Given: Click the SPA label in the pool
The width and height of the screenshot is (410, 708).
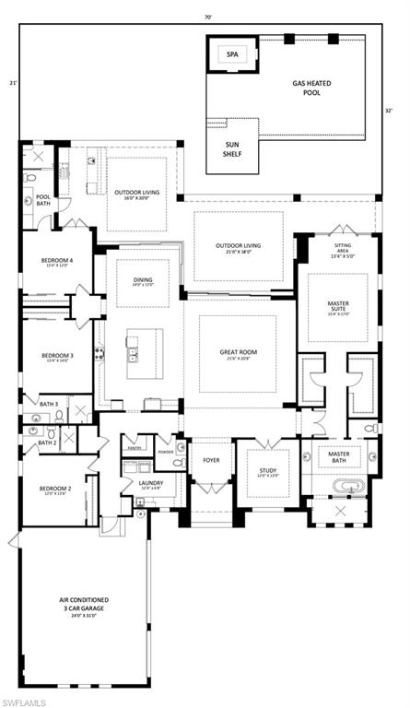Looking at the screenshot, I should click(231, 54).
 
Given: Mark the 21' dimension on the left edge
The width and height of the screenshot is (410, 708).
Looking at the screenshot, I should click(13, 84).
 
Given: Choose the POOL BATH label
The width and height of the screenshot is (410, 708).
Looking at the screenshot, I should click(43, 200).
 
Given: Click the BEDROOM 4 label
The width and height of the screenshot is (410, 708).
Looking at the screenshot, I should click(56, 261).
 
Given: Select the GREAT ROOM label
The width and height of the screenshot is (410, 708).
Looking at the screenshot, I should click(237, 351).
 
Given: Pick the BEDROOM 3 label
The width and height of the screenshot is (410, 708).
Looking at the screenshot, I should click(56, 355).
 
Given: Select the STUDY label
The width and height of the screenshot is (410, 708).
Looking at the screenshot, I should click(267, 470).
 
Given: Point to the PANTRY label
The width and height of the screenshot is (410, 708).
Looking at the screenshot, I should click(135, 448).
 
